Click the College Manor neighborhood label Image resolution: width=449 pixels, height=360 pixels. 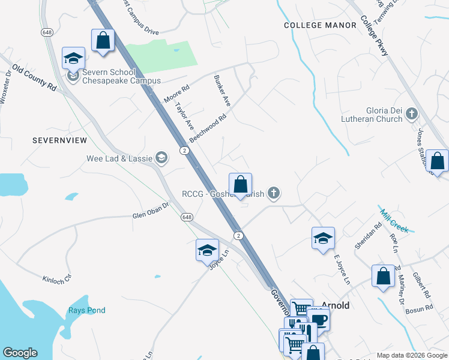point(319,25)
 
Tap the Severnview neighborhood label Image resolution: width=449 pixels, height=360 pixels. point(60,140)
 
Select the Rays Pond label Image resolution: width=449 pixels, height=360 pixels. point(86,310)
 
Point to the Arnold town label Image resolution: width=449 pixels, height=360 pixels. point(336,305)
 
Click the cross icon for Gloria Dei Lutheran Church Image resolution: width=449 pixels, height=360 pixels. point(411,113)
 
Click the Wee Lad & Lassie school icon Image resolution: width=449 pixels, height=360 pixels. point(161,158)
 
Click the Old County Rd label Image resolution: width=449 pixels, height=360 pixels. point(34,78)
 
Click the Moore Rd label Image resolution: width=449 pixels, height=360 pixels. point(176,94)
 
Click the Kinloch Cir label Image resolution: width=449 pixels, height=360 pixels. point(57,279)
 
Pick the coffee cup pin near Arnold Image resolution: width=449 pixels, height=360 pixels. point(318,319)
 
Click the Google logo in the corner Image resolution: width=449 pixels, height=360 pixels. point(20,353)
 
